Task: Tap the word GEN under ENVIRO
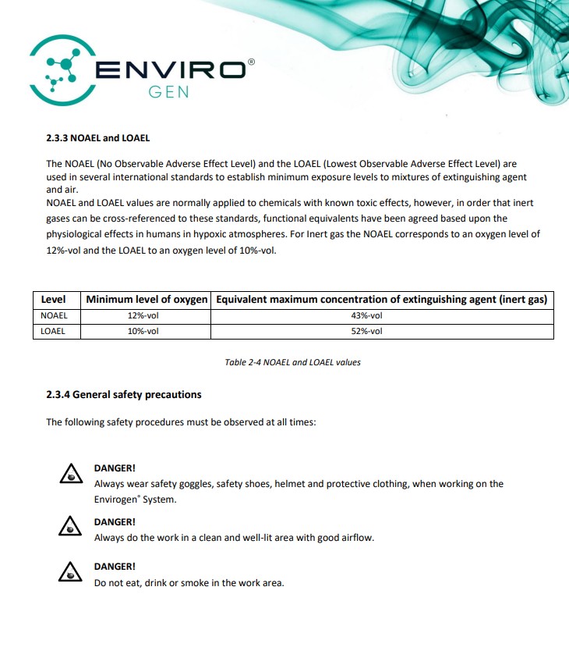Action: [x=168, y=92]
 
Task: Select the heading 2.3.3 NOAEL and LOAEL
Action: [x=97, y=138]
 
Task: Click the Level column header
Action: [x=53, y=300]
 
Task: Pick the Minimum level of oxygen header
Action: [x=147, y=300]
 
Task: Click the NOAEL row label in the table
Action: [x=54, y=315]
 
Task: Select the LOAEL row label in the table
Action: [x=53, y=331]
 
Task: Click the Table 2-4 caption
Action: [x=292, y=362]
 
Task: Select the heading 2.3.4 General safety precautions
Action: [x=124, y=395]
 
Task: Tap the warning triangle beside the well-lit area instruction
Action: [x=71, y=527]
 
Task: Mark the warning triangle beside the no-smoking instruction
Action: [x=71, y=572]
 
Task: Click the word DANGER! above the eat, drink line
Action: [x=115, y=567]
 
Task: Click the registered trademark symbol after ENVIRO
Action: [x=250, y=61]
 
